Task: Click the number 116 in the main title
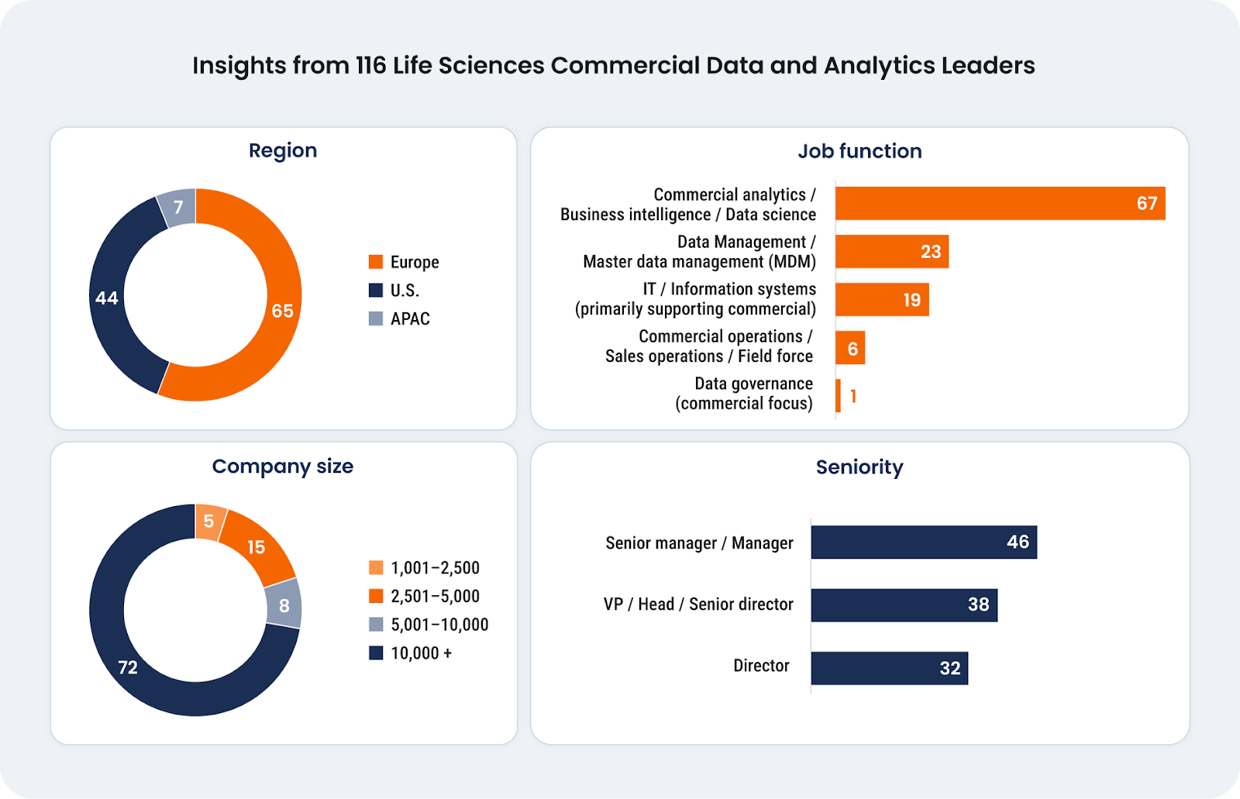[370, 66]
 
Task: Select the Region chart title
[283, 150]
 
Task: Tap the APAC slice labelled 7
[178, 208]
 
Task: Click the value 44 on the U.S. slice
[107, 298]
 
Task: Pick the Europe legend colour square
[376, 262]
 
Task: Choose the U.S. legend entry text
[405, 291]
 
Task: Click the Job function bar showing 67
[1000, 204]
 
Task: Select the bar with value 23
[891, 252]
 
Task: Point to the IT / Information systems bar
[881, 300]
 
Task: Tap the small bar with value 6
[850, 349]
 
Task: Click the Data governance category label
[744, 394]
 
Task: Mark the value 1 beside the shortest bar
[853, 397]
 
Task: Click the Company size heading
[283, 467]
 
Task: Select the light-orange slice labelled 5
[209, 522]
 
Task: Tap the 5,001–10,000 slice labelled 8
[284, 605]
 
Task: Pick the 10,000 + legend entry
[421, 653]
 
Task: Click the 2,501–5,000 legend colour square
[376, 596]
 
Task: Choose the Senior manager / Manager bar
[924, 542]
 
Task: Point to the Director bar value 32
[950, 668]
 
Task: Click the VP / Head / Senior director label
[698, 604]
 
